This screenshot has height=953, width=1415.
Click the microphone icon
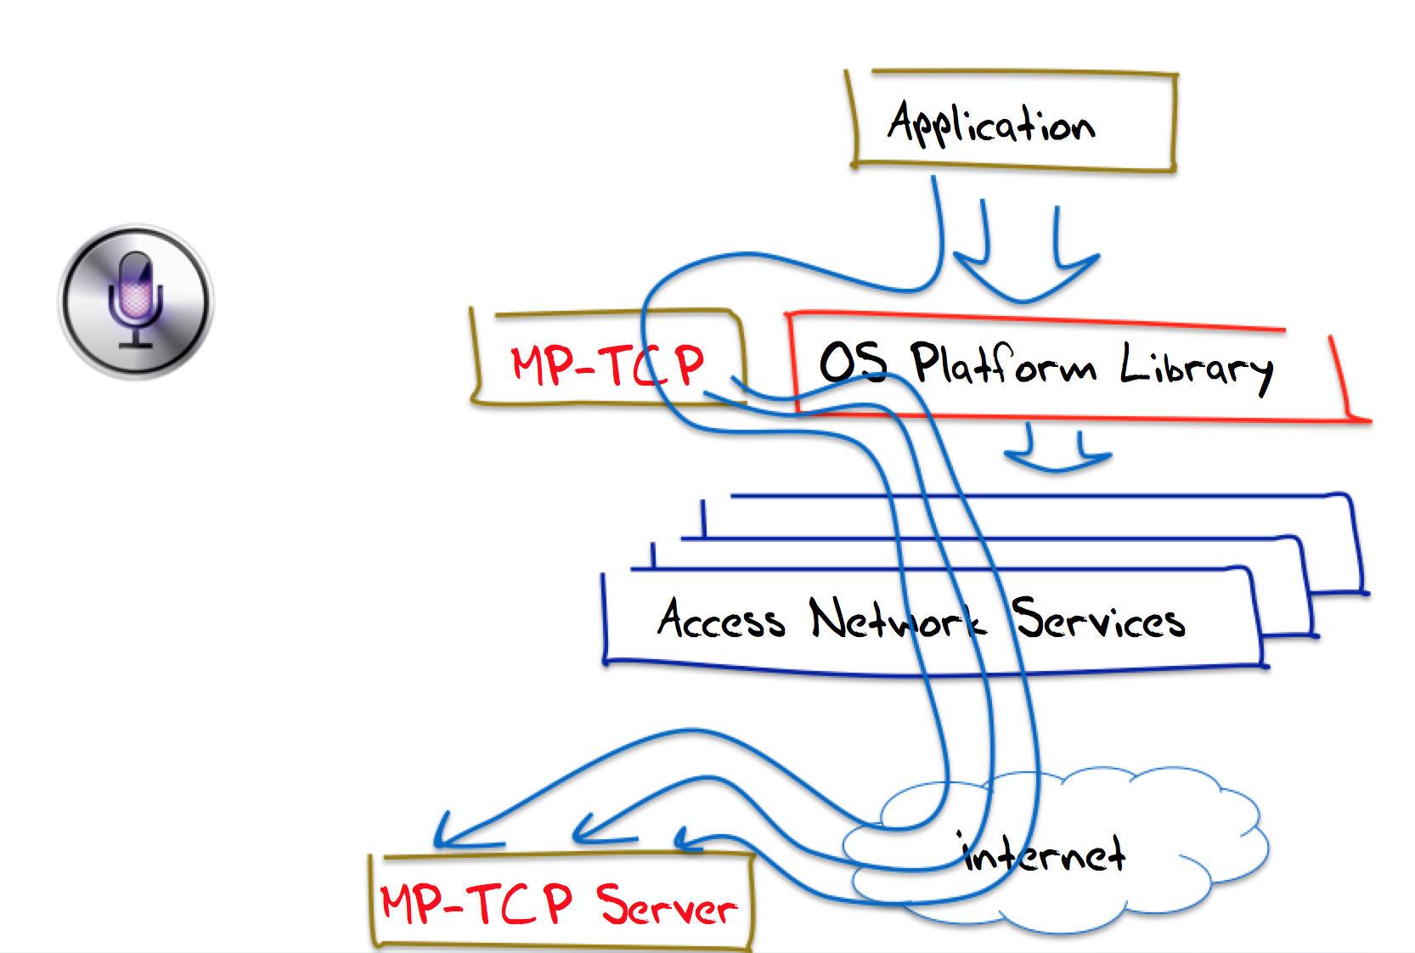136,301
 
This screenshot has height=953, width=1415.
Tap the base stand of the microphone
136,343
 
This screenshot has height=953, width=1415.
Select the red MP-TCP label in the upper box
607,364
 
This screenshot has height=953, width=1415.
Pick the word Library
1196,367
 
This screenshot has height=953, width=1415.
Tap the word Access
721,619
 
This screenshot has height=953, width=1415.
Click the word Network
897,620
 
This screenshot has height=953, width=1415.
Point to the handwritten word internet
1044,854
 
